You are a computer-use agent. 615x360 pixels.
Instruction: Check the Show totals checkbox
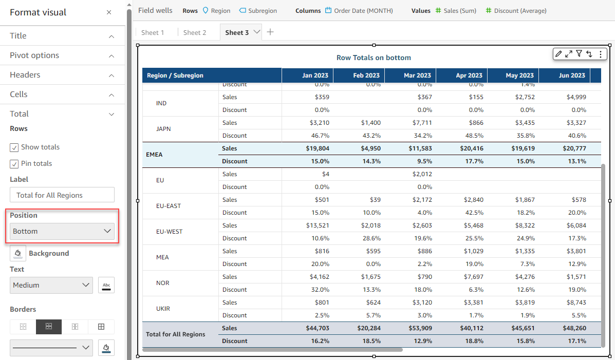[14, 147]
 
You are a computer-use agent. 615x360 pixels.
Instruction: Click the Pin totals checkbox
[14, 164]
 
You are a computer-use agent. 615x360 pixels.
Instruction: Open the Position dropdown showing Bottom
[62, 231]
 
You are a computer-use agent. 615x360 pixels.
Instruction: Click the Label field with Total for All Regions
[62, 195]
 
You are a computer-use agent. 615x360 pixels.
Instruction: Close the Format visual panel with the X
[109, 12]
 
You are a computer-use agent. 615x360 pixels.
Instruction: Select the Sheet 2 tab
[195, 32]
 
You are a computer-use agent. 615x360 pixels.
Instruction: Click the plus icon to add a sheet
[270, 32]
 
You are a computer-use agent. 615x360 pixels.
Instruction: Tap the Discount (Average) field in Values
[516, 11]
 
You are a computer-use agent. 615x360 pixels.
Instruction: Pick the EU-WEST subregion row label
[170, 232]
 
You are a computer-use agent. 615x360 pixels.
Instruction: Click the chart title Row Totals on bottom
[374, 58]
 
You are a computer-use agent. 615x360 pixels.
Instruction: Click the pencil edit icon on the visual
[558, 53]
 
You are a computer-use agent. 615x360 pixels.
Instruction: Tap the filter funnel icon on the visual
[579, 53]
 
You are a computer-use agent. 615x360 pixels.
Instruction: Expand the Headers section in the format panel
[62, 75]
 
